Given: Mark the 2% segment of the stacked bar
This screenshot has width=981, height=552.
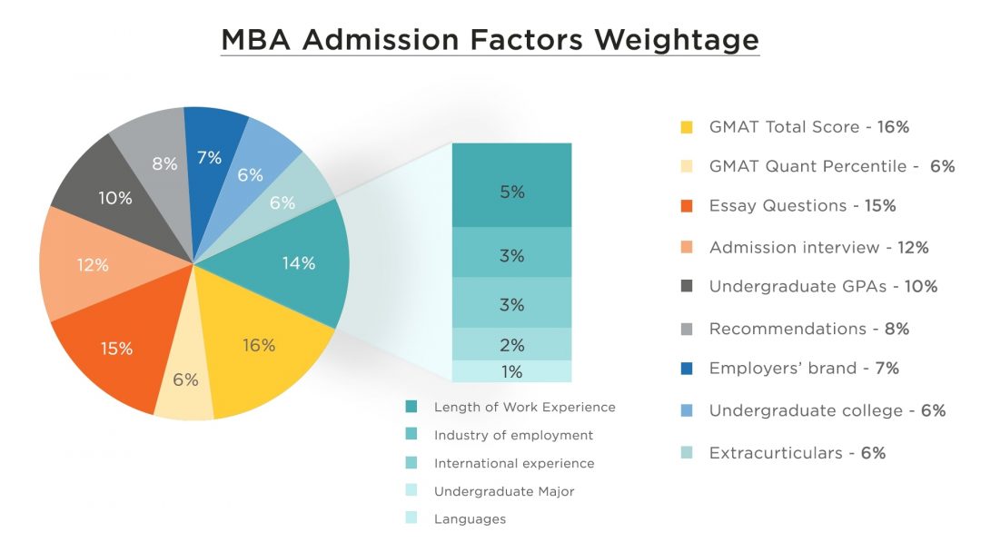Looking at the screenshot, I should pos(511,345).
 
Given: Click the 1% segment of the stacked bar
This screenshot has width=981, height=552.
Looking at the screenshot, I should pos(511,371).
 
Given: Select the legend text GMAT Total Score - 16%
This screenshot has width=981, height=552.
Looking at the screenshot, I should pos(808,127).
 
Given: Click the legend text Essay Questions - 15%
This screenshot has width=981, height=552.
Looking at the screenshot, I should pos(802,206).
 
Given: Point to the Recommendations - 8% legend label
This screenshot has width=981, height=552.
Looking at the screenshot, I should pos(808,329).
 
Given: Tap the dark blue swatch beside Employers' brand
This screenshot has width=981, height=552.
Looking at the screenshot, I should pos(687,369).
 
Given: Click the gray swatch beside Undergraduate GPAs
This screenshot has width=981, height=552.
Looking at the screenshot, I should pos(687,287).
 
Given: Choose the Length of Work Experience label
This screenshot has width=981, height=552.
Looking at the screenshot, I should pos(524,407).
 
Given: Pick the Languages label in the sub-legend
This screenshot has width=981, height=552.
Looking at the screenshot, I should pos(470,519).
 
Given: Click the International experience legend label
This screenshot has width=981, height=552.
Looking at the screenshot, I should pos(514,463).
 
